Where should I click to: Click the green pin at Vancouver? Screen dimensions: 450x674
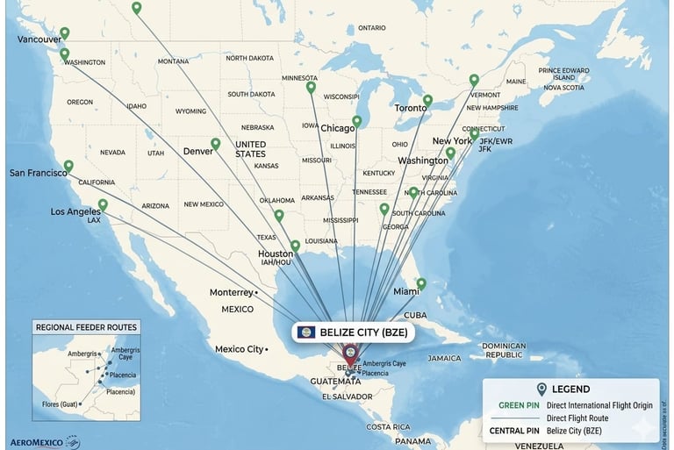64,33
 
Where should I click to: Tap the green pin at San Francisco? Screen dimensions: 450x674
68,166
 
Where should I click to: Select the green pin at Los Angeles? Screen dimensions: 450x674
103,204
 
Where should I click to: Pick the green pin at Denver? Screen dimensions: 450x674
215,143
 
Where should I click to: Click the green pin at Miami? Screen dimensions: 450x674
421,283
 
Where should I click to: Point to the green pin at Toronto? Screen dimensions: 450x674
427,100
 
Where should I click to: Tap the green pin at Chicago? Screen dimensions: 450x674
356,121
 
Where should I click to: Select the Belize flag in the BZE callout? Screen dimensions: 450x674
306,332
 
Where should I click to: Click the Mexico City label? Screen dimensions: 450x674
239,349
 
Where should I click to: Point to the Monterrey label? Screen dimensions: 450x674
231,292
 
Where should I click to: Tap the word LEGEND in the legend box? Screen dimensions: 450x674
570,389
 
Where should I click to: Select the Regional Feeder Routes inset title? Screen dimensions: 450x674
85,327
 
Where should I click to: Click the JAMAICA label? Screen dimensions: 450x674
444,358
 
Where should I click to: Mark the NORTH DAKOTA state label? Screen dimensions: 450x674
249,58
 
